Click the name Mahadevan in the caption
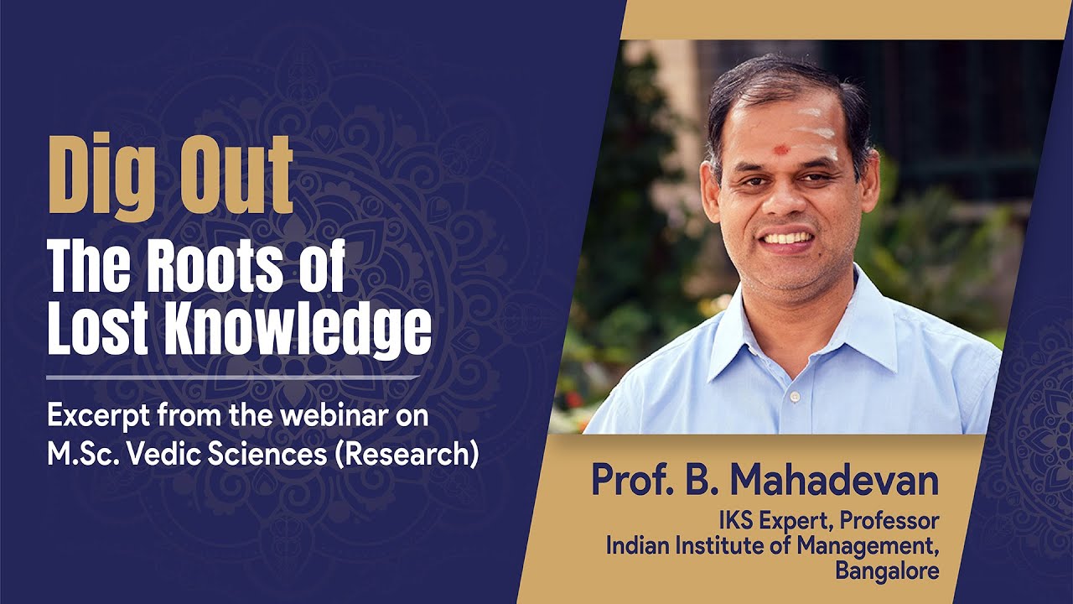click(x=833, y=481)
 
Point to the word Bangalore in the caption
click(x=887, y=570)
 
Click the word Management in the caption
click(x=875, y=545)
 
